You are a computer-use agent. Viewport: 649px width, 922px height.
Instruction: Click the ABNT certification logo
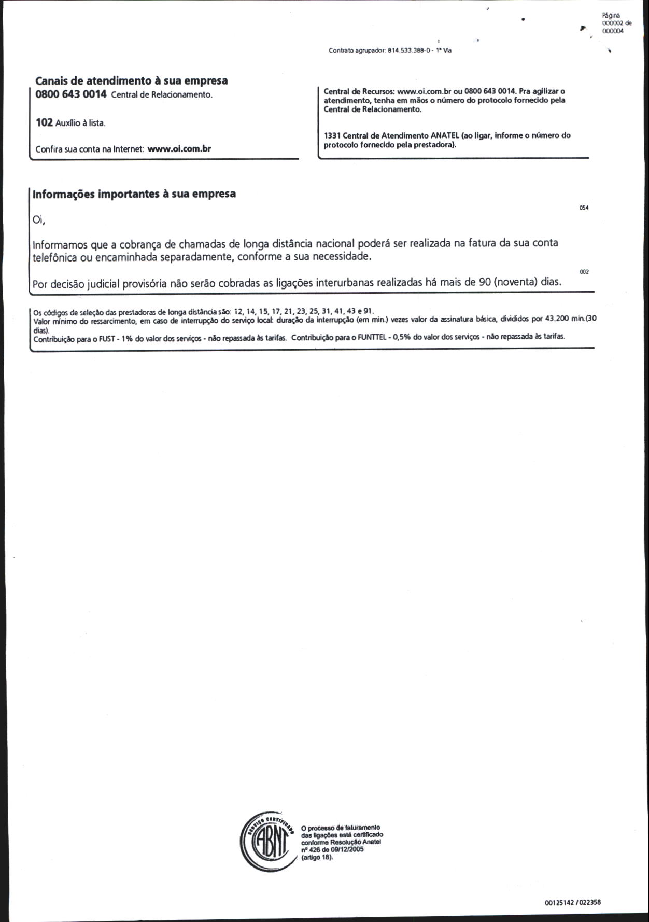(x=267, y=842)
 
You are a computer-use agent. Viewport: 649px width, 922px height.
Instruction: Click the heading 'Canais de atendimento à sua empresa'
(x=131, y=81)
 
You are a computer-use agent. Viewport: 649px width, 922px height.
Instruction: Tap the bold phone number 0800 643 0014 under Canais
(x=71, y=94)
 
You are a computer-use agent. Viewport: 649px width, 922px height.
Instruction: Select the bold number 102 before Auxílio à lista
(x=44, y=122)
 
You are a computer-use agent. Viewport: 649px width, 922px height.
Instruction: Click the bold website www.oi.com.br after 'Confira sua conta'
(x=179, y=149)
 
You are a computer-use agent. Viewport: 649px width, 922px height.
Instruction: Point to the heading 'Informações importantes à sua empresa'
(x=134, y=194)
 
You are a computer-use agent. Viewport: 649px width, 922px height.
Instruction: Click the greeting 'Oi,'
(x=39, y=220)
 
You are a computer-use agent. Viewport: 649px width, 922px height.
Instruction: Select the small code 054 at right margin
(x=584, y=208)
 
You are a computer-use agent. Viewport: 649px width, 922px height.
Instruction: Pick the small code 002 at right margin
(x=584, y=272)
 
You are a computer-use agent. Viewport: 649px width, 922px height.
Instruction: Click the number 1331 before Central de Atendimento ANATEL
(x=332, y=135)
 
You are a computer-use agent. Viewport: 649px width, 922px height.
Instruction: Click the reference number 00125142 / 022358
(x=572, y=902)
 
